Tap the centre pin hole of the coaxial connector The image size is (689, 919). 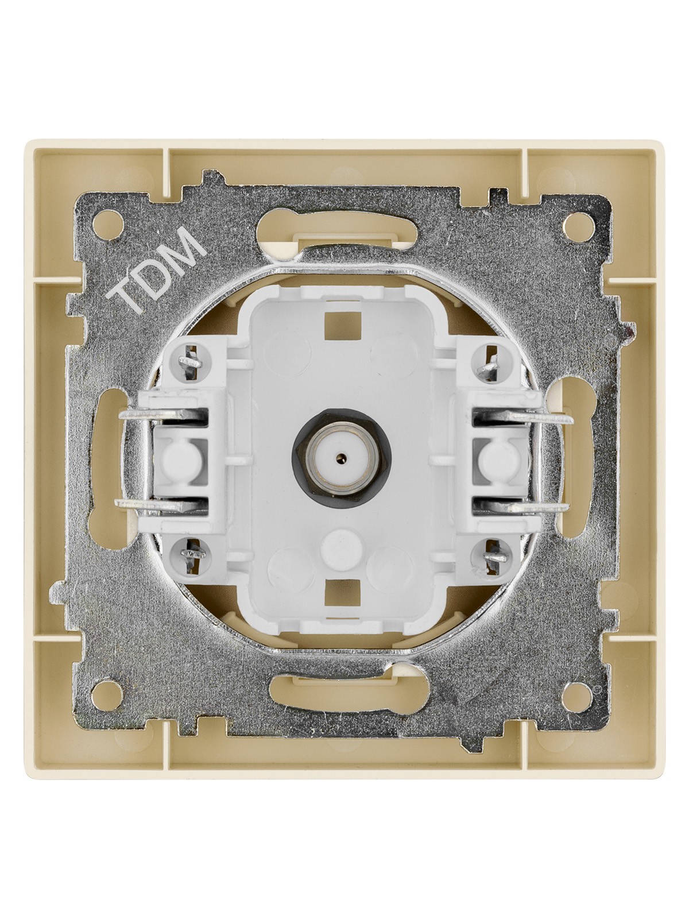[x=343, y=457]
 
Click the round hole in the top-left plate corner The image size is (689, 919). [x=107, y=225]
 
